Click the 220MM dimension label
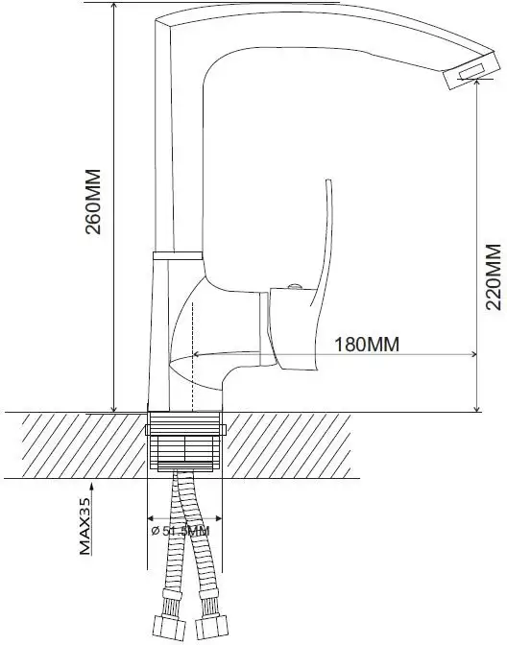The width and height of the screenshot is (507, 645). pyautogui.click(x=493, y=276)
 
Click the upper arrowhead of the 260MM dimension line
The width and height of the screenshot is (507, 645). pyautogui.click(x=114, y=8)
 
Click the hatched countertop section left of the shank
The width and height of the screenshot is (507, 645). pyautogui.click(x=77, y=444)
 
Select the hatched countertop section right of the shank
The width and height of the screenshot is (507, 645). pyautogui.click(x=365, y=444)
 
